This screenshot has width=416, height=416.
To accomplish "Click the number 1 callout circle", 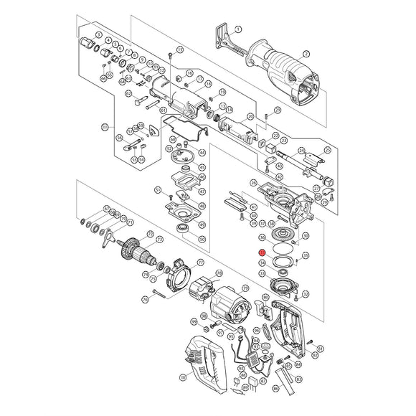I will [239, 29].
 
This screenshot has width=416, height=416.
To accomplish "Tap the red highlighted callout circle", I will [263, 252].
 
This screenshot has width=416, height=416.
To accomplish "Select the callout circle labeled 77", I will [200, 263].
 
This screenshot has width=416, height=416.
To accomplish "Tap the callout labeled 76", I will [146, 298].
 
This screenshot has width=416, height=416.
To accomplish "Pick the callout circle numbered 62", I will [128, 93].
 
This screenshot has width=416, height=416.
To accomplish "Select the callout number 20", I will [250, 116].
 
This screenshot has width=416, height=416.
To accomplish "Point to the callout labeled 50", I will [202, 239].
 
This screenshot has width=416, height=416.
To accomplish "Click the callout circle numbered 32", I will [306, 293].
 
